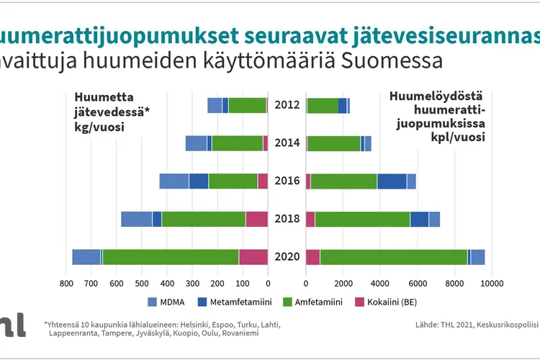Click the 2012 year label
coord(287,105)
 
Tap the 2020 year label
coord(287,257)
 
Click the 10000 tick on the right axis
coord(492,284)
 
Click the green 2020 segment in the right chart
coord(394,257)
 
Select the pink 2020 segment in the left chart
coord(253,257)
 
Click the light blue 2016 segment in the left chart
coord(174,181)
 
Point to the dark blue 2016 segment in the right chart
coord(392,181)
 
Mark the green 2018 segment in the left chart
coord(204,219)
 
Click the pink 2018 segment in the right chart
coord(310,219)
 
